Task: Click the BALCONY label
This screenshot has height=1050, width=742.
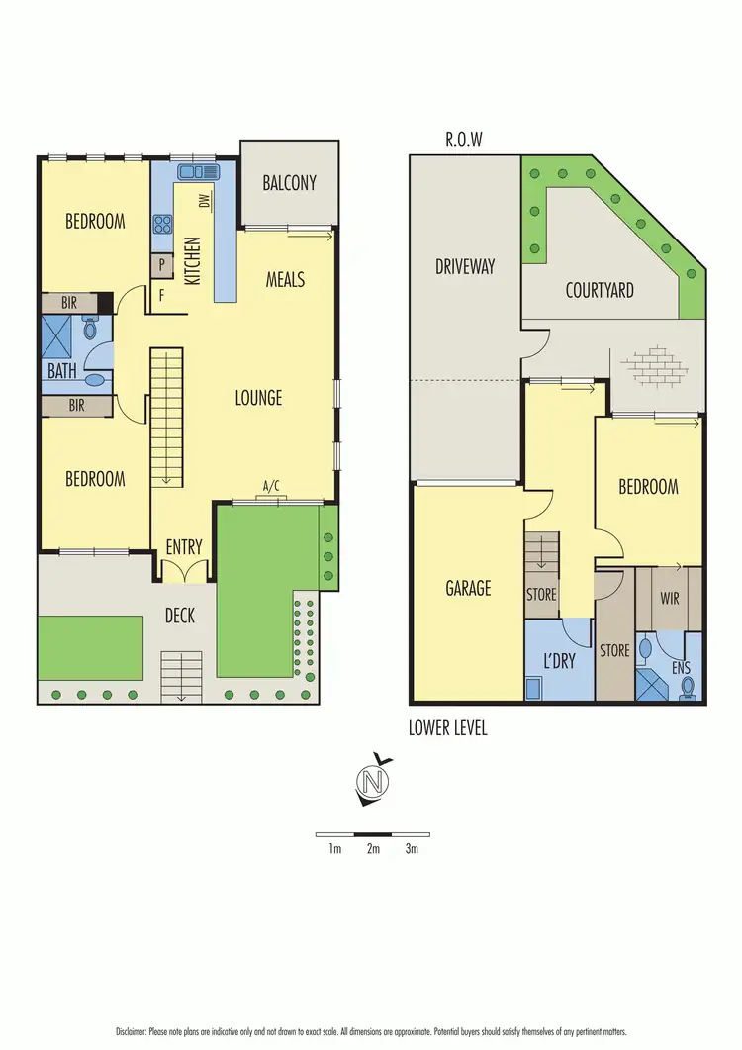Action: [290, 182]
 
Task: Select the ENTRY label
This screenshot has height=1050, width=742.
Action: [184, 547]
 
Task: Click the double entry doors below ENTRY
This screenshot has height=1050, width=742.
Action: [184, 570]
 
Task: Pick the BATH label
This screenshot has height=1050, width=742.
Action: [61, 372]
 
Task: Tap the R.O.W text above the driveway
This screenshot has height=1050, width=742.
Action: [463, 140]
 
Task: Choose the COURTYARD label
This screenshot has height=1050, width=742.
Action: [600, 291]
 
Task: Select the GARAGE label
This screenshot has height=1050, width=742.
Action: [468, 588]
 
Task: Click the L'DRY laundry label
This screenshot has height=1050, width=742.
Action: [559, 661]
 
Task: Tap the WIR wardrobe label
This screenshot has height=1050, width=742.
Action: [669, 598]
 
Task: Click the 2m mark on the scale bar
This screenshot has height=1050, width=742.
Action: [373, 849]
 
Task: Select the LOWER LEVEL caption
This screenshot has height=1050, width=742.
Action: [448, 728]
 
